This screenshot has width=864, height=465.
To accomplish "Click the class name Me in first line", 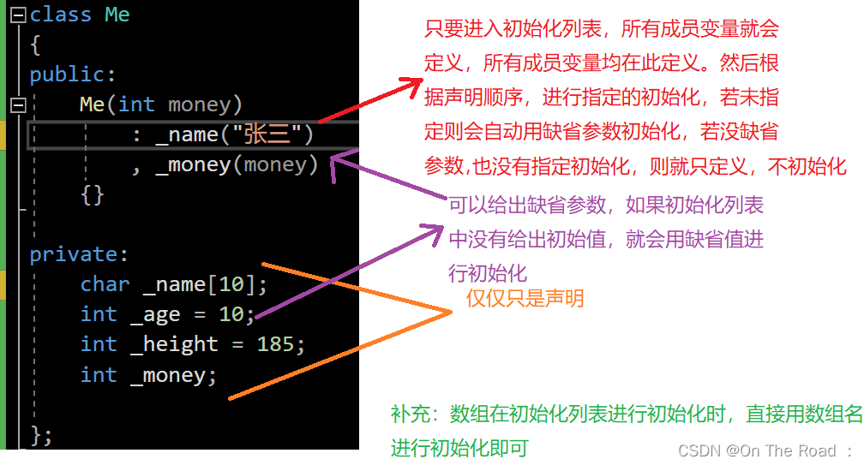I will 117,15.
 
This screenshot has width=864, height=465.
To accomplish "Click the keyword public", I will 69,75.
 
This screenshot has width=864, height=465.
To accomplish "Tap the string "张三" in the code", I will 267,134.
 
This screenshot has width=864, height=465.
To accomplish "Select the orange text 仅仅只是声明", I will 525,298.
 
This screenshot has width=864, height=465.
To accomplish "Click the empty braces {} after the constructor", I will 92,194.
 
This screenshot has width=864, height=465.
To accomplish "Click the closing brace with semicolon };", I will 41,434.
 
